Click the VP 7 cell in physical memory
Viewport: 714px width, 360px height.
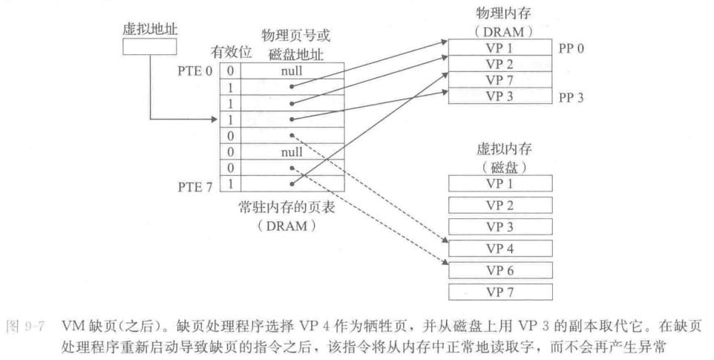click(500, 79)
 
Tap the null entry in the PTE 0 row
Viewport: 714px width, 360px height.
click(292, 71)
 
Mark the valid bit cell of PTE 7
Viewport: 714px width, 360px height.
click(230, 181)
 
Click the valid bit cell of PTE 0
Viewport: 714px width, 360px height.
click(230, 71)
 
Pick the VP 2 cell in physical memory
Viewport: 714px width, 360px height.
click(500, 63)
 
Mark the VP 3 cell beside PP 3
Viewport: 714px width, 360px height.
click(500, 94)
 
